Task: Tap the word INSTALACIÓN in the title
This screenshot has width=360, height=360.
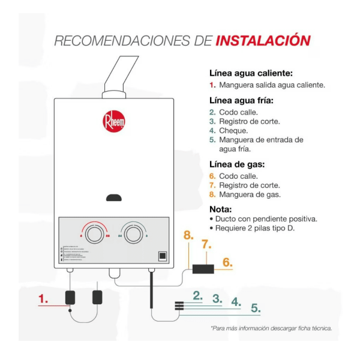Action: [x=262, y=41]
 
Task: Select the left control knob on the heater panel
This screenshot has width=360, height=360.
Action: [x=94, y=233]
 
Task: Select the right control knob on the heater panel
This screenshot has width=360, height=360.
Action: [x=132, y=233]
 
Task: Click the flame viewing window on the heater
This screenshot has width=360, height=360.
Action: [x=113, y=197]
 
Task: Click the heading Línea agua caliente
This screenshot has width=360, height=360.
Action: [x=250, y=73]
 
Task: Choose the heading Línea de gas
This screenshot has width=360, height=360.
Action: [x=236, y=164]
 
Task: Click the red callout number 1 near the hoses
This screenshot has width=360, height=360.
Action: [x=43, y=298]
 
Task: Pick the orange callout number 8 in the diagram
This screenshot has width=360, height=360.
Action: [x=188, y=236]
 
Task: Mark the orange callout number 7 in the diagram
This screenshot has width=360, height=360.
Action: [x=206, y=244]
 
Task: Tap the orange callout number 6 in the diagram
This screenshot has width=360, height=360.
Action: [x=227, y=262]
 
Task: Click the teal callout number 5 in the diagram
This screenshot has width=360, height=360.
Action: [x=256, y=308]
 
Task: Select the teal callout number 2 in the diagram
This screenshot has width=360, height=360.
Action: [x=197, y=295]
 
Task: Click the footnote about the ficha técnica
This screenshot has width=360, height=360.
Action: [x=271, y=328]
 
